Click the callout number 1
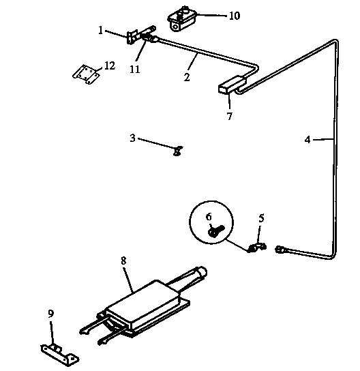[x=100, y=30]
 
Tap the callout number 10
[x=234, y=15]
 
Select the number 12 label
[x=110, y=66]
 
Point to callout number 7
[x=229, y=116]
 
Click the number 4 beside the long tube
[x=307, y=140]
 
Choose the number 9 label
[x=50, y=314]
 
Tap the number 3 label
[x=133, y=138]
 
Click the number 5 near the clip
[x=260, y=219]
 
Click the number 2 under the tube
[x=186, y=76]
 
